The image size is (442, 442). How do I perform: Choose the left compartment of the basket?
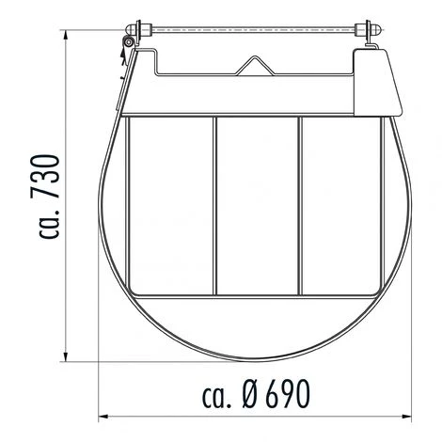(172, 202)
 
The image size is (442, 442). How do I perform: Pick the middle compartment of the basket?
(258, 202)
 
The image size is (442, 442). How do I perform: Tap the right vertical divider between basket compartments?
(301, 202)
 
